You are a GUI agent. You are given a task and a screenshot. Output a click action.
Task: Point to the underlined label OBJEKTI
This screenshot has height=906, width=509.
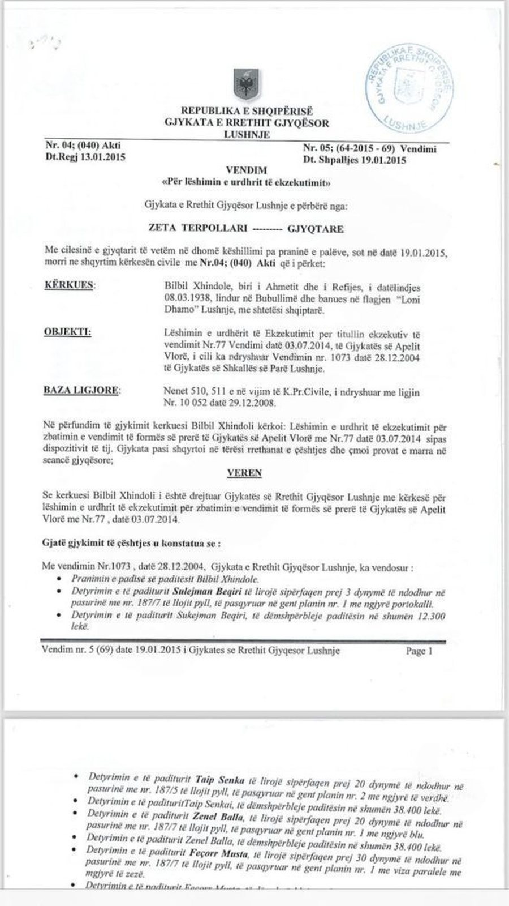pos(67,332)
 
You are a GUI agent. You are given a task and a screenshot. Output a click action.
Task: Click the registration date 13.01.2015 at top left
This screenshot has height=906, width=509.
pos(101,157)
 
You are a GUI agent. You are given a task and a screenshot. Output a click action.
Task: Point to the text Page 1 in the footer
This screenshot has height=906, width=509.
pos(419,651)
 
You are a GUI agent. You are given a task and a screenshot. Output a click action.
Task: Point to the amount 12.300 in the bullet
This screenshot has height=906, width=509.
pos(430,616)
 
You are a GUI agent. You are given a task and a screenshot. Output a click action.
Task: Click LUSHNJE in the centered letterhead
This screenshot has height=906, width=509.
pos(247,134)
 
